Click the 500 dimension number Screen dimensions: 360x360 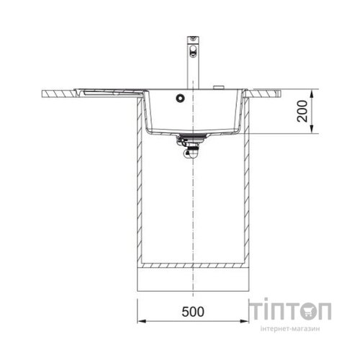click(193, 312)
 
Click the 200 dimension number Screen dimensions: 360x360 click(302, 111)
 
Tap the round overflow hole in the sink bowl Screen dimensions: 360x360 click(180, 98)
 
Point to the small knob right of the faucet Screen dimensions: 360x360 click(219, 87)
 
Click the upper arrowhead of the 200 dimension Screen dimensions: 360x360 click(312, 94)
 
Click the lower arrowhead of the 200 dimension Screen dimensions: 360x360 click(312, 130)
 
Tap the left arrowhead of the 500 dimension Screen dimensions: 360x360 click(141, 321)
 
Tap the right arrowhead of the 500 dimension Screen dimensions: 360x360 click(245, 321)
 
